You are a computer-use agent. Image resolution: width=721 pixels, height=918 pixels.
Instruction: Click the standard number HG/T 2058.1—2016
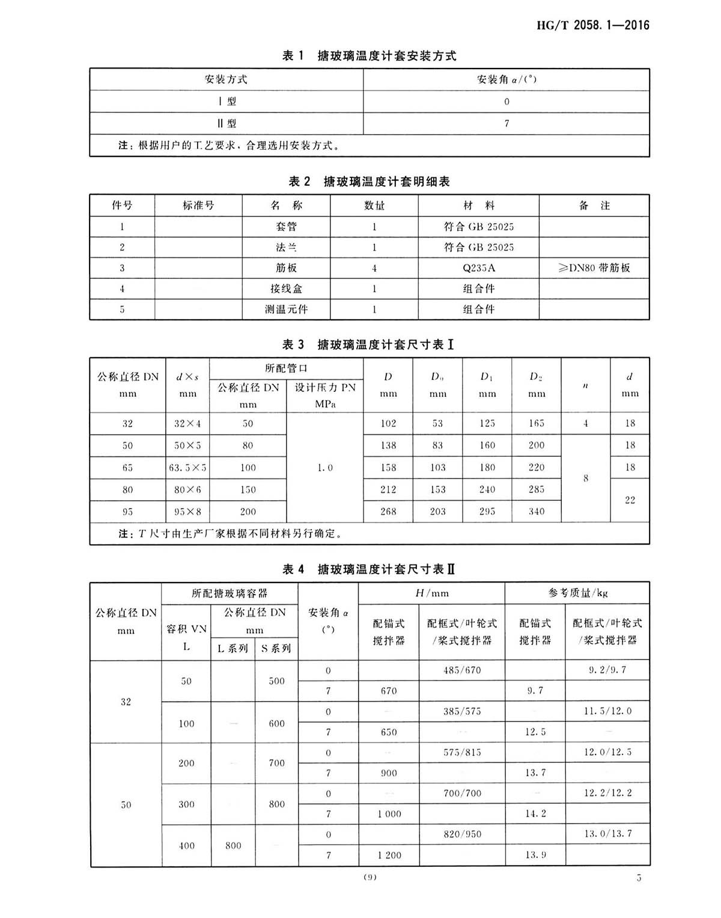pos(592,25)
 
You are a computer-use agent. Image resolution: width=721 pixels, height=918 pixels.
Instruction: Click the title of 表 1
pos(369,56)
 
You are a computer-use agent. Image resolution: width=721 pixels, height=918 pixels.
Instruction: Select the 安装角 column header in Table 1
pos(506,79)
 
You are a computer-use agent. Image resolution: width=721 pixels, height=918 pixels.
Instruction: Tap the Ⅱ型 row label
pos(227,124)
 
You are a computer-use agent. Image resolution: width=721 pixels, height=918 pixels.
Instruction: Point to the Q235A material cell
pos(478,268)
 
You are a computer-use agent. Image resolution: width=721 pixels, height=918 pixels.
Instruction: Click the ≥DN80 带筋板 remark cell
pos(594,268)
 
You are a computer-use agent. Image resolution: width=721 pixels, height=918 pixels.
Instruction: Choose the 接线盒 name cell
pos(286,289)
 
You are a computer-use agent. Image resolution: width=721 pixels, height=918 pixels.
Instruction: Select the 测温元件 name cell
pos(286,310)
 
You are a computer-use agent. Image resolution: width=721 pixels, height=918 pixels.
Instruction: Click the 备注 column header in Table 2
pos(594,206)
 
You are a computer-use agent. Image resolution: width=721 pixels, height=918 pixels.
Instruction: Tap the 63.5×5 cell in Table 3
pos(187,468)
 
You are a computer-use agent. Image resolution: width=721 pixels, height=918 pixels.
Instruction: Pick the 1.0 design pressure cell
pos(325,468)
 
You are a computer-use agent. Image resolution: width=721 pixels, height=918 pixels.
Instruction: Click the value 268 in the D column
pos(388,512)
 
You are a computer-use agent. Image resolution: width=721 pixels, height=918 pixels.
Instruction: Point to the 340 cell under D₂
pos(537,512)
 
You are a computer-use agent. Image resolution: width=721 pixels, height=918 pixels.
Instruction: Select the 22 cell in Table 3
pos(630,500)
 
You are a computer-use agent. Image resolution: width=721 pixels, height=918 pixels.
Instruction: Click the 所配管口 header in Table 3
pos(286,368)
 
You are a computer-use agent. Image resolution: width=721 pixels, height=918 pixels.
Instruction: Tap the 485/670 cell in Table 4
pos(461,670)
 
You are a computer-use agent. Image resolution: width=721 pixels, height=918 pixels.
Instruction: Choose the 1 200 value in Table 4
pos(389,855)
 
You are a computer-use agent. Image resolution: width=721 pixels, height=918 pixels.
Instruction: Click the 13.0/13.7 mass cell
pos(607,834)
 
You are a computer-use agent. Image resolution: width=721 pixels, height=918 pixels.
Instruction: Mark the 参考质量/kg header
pos(577,593)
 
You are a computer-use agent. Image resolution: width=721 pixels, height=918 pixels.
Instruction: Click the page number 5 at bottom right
pos(639,878)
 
